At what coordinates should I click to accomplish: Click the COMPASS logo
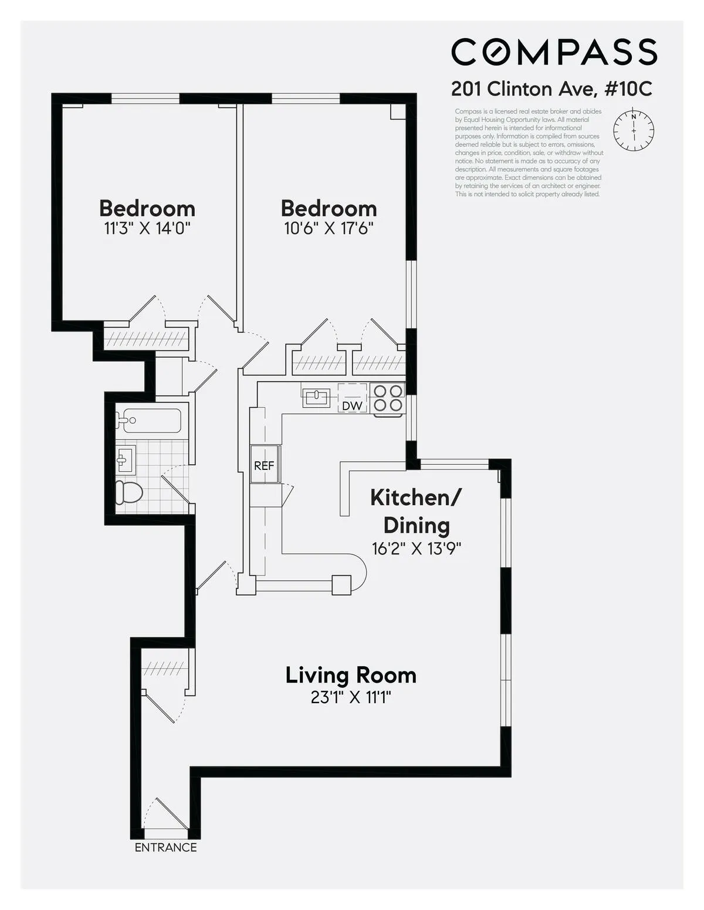pyautogui.click(x=554, y=52)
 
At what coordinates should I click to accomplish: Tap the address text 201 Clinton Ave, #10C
pyautogui.click(x=551, y=89)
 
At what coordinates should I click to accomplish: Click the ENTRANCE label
pyautogui.click(x=165, y=847)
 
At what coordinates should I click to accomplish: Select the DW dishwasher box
pyautogui.click(x=351, y=405)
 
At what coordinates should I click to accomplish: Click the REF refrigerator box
pyautogui.click(x=264, y=466)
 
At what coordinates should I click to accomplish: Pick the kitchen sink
pyautogui.click(x=316, y=397)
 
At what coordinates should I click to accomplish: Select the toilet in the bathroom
pyautogui.click(x=128, y=492)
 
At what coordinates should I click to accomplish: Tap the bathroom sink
pyautogui.click(x=126, y=459)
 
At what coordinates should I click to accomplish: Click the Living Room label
pyautogui.click(x=351, y=675)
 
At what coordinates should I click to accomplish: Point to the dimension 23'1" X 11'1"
pyautogui.click(x=351, y=697)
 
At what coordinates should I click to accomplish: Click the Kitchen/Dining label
pyautogui.click(x=416, y=511)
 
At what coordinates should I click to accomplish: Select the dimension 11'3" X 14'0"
pyautogui.click(x=147, y=228)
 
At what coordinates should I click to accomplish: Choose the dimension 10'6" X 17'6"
pyautogui.click(x=329, y=228)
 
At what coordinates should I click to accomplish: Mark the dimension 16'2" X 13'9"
pyautogui.click(x=416, y=548)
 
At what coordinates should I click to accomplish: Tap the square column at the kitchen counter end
pyautogui.click(x=341, y=585)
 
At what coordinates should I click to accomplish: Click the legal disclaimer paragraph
pyautogui.click(x=528, y=152)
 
